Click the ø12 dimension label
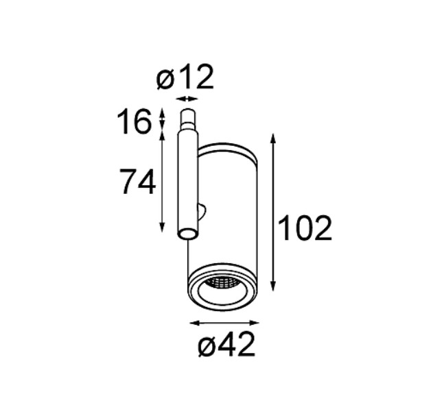(185, 77)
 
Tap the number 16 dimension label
(134, 122)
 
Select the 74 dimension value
(137, 182)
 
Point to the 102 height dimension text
(305, 228)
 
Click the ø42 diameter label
(226, 344)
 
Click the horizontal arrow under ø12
(187, 99)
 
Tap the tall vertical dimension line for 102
(273, 212)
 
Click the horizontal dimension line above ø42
(224, 323)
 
